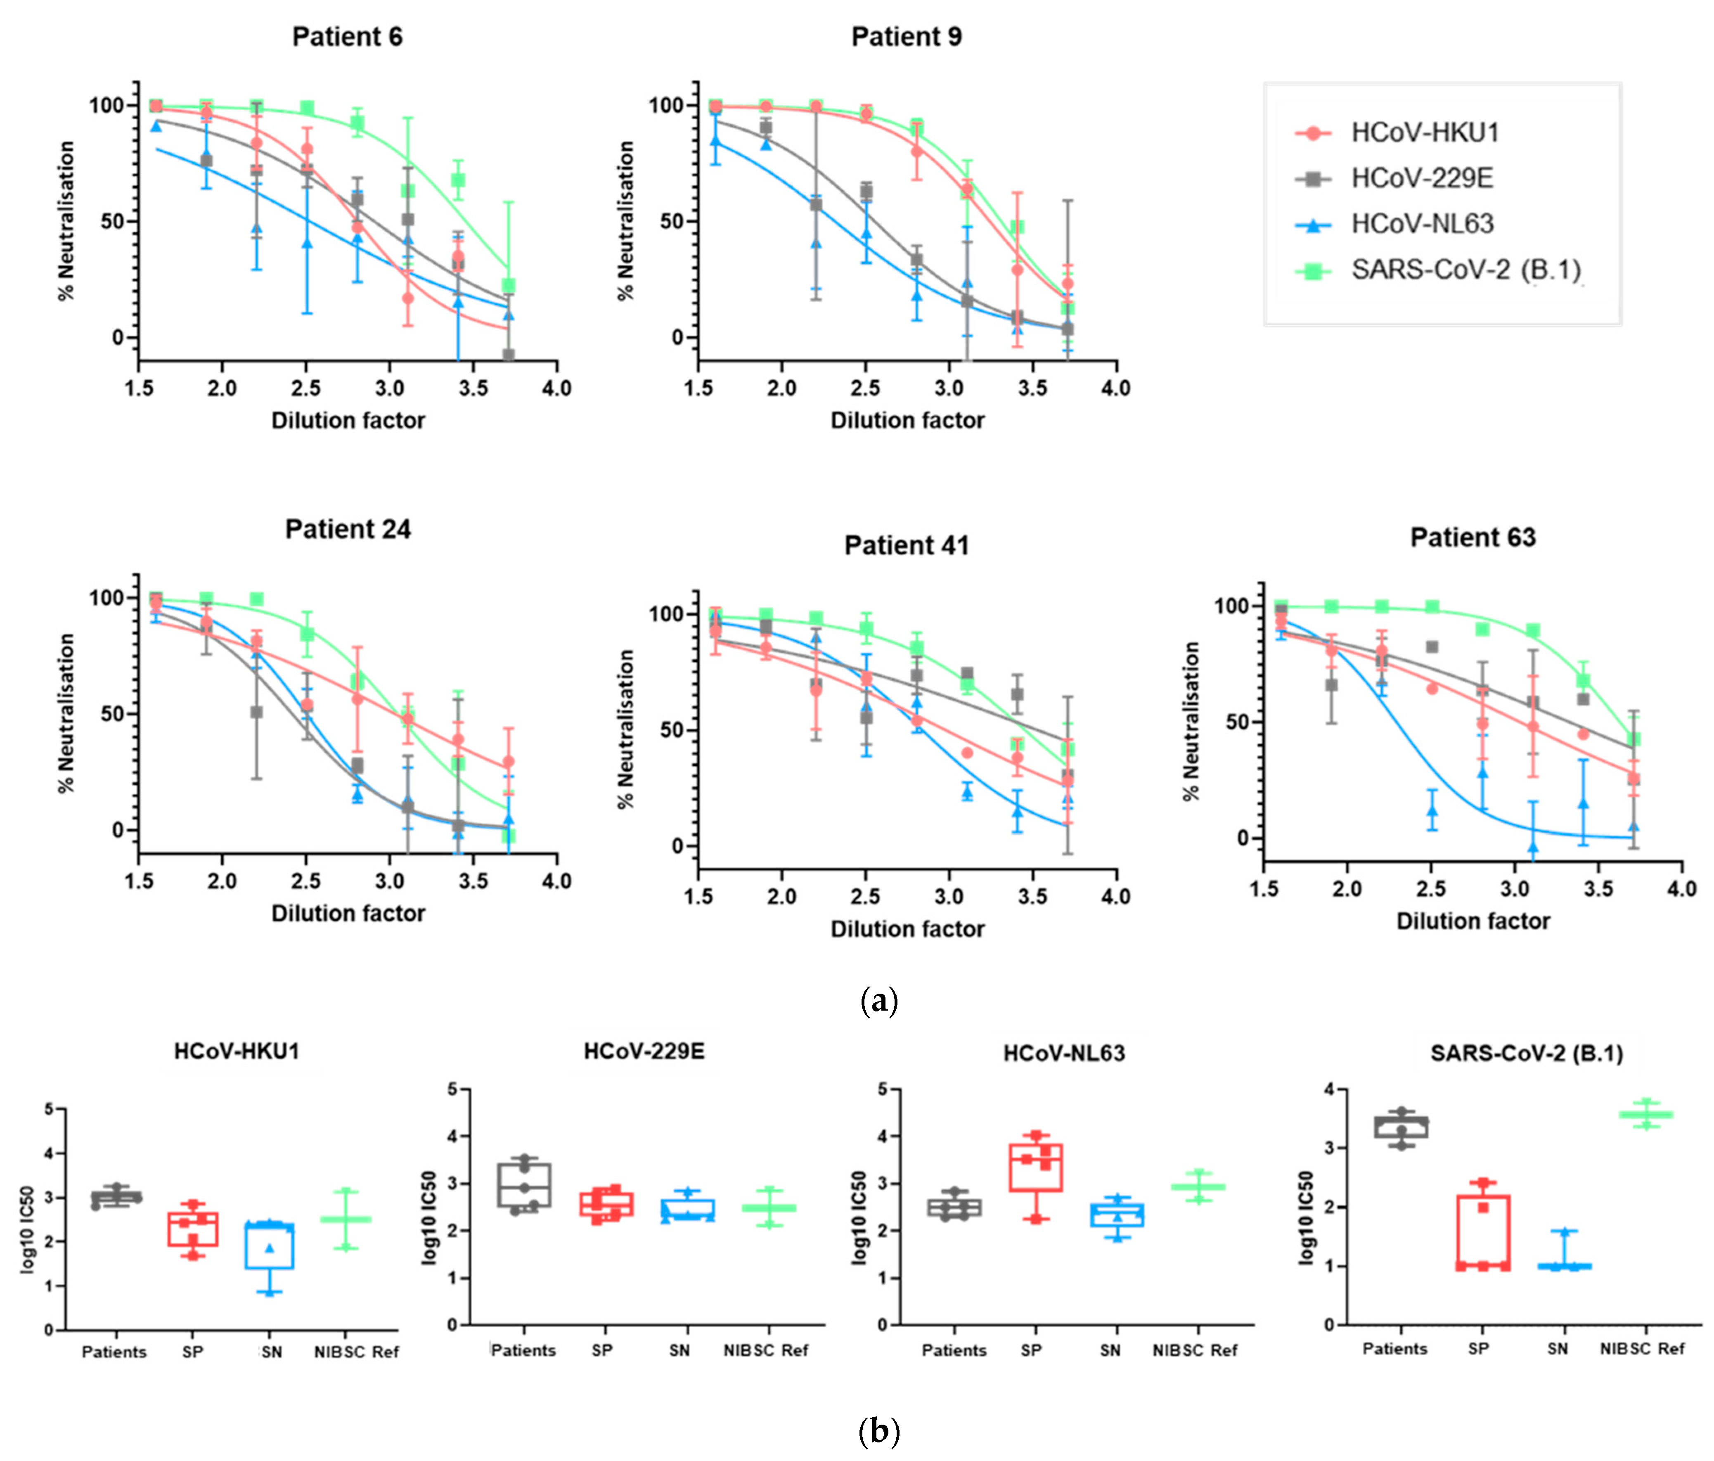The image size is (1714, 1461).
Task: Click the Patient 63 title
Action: (1473, 537)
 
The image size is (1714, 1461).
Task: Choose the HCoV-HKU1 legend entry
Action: (1425, 133)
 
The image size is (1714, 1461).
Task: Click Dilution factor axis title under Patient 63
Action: (1473, 921)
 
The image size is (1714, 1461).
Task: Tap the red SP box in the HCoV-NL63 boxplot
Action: (1035, 1167)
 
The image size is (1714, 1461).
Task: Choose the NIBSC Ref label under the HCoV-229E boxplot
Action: (765, 1350)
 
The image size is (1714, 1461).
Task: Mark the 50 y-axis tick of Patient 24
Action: (112, 714)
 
